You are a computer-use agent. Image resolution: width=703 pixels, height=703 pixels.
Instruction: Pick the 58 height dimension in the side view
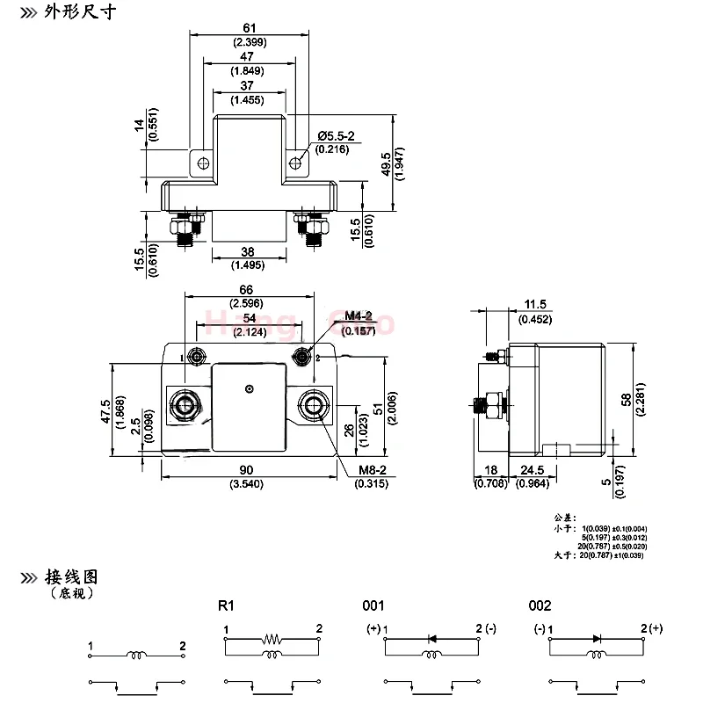(626, 400)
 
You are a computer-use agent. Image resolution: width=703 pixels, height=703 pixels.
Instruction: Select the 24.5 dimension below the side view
(534, 470)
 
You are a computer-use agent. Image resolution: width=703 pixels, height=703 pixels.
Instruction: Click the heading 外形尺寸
(80, 12)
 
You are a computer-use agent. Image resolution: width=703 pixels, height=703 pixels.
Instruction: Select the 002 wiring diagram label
(540, 605)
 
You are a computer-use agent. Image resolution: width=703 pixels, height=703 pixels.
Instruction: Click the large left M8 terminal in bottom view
(187, 406)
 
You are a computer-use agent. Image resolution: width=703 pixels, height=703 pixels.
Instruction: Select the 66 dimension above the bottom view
(247, 290)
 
